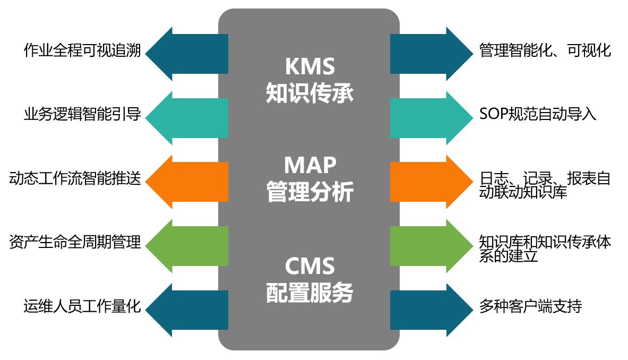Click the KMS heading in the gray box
tap(309, 67)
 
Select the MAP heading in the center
tap(309, 165)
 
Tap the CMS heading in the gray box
tap(309, 265)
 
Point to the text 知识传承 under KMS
tap(309, 93)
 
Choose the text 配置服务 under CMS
tap(309, 292)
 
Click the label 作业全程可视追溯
tap(82, 51)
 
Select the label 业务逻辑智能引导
tap(82, 115)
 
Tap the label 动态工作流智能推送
tap(75, 179)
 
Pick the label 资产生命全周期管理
tap(75, 243)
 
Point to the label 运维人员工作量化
tap(82, 306)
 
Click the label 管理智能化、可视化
tap(545, 51)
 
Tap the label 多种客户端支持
tap(530, 306)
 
